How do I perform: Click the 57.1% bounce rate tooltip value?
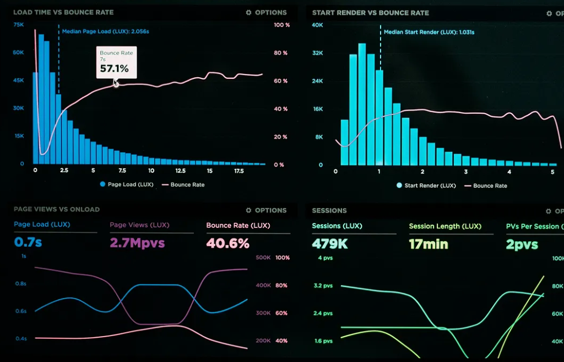pos(114,68)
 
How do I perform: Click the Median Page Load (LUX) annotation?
pos(105,31)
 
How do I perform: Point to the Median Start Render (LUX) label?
pos(429,32)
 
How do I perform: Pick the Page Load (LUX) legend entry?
pos(127,184)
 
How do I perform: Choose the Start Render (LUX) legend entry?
pos(426,185)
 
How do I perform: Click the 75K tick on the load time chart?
pos(18,24)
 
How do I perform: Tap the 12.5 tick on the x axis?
pos(181,171)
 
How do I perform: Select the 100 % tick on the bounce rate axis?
pos(281,25)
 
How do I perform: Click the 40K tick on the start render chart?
pos(317,25)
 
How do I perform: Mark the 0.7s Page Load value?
pos(28,242)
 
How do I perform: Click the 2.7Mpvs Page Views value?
pos(137,243)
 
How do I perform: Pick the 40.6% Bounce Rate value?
pos(227,243)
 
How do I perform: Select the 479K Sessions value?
pos(330,244)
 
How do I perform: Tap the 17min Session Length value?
pos(429,244)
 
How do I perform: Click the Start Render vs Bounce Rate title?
pos(371,13)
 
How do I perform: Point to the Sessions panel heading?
pos(329,211)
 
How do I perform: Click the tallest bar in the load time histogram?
pos(41,99)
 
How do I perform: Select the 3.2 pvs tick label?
pos(323,285)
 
